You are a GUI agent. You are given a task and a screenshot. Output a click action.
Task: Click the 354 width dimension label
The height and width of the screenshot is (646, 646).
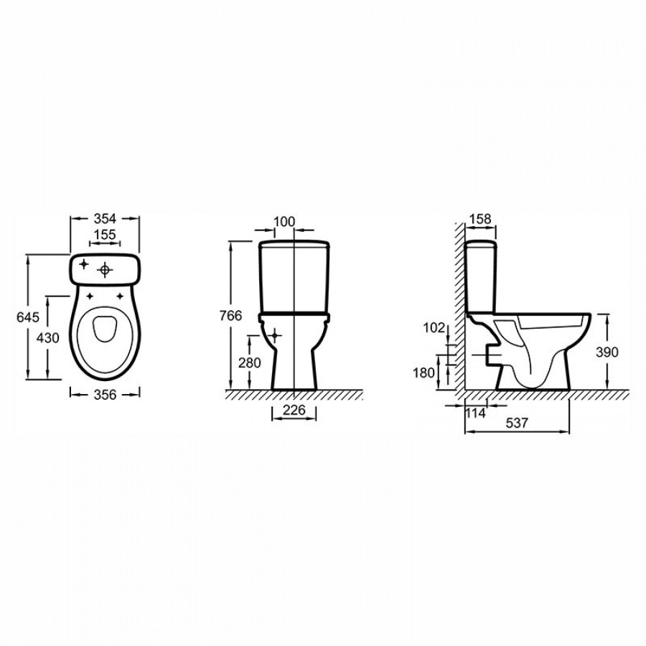[x=105, y=219]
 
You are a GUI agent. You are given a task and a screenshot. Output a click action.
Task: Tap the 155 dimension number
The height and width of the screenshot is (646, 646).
[x=105, y=235]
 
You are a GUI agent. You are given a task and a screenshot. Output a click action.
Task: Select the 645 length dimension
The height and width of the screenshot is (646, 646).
[x=28, y=317]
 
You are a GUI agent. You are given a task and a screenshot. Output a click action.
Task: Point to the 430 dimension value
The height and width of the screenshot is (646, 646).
[x=48, y=338]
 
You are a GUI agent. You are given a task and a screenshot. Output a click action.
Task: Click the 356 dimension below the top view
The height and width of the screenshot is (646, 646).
[x=106, y=395]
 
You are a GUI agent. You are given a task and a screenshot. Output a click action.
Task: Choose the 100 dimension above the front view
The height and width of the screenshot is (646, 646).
[x=285, y=222]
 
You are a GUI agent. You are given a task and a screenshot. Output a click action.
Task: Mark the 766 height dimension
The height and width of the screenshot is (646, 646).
[x=230, y=316]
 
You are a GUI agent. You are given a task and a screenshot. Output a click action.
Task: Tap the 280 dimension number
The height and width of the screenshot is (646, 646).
[x=250, y=363]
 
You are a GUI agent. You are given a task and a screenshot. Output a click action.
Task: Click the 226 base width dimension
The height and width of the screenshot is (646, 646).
[x=294, y=410]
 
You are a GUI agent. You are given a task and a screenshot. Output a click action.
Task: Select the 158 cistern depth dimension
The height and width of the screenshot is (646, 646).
[x=480, y=219]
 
